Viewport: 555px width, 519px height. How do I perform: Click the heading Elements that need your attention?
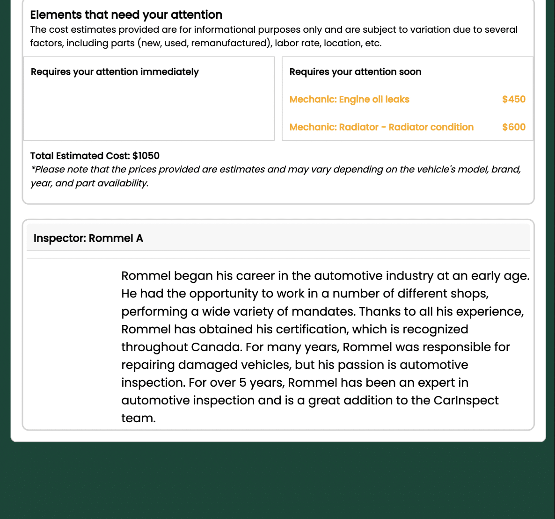coord(126,15)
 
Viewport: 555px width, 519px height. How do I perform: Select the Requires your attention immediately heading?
coord(115,72)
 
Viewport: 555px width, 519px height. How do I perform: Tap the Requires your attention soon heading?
coord(355,72)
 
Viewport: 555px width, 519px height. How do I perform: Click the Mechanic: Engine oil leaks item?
coord(349,100)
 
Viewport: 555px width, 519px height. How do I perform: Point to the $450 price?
coord(513,100)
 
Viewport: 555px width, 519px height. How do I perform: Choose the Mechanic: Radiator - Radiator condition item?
coord(381,127)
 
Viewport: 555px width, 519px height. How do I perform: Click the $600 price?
coord(513,127)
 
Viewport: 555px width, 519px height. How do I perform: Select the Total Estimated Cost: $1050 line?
coord(95,156)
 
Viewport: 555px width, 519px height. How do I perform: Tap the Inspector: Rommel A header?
coord(88,238)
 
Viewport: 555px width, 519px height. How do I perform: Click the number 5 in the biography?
coord(242,383)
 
